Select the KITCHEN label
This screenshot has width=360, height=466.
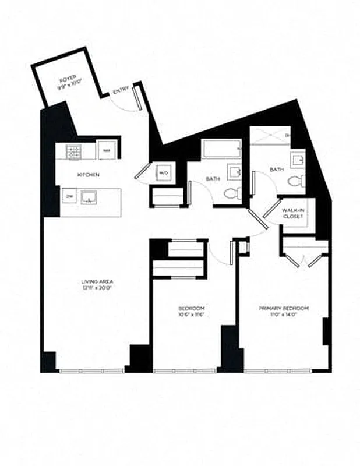coord(89,175)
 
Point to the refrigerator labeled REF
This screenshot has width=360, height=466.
coord(105,151)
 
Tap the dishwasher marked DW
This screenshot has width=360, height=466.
coord(69,196)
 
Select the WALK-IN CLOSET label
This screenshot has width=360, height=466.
coord(291,213)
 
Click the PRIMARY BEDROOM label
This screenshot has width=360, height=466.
coord(284,308)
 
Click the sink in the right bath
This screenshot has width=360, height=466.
coord(298,160)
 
